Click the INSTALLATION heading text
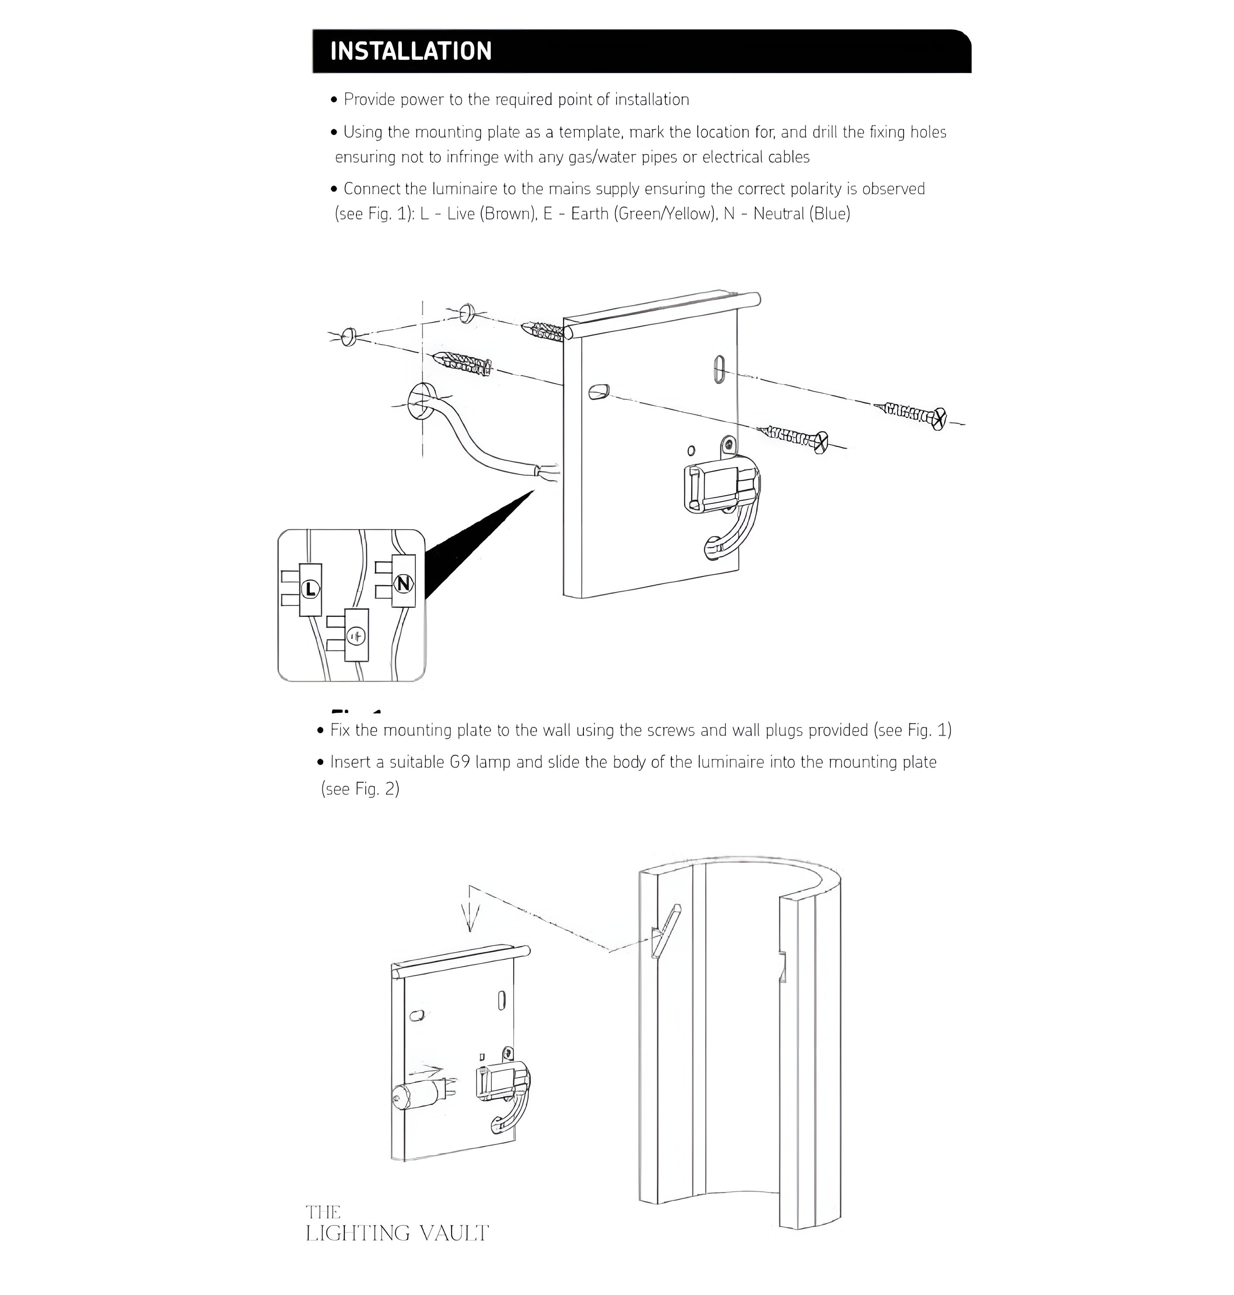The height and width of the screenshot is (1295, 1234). click(411, 52)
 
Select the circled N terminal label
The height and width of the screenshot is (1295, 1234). click(403, 583)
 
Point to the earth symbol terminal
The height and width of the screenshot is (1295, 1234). click(356, 636)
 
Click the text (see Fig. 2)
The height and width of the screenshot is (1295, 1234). click(360, 789)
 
